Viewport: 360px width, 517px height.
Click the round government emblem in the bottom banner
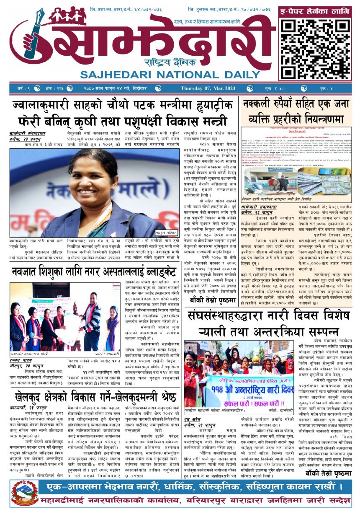(25, 493)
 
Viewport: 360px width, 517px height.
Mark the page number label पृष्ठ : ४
(333, 88)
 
